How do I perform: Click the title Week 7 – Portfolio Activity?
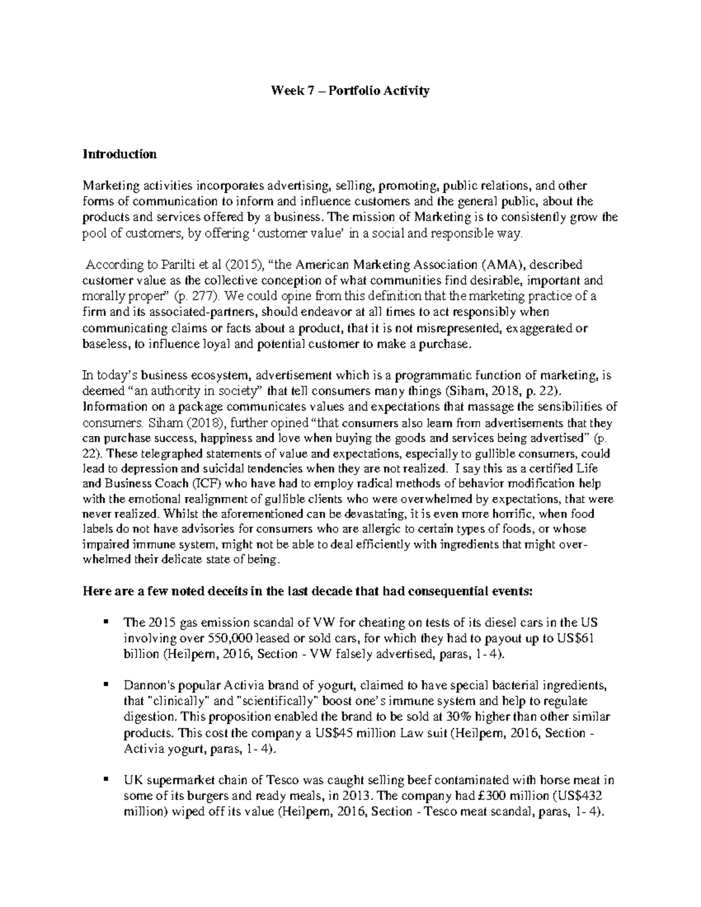[x=349, y=91]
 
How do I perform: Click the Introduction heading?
[x=120, y=154]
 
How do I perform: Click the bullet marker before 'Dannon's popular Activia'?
[x=105, y=684]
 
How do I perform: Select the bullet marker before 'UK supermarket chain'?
[x=105, y=779]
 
